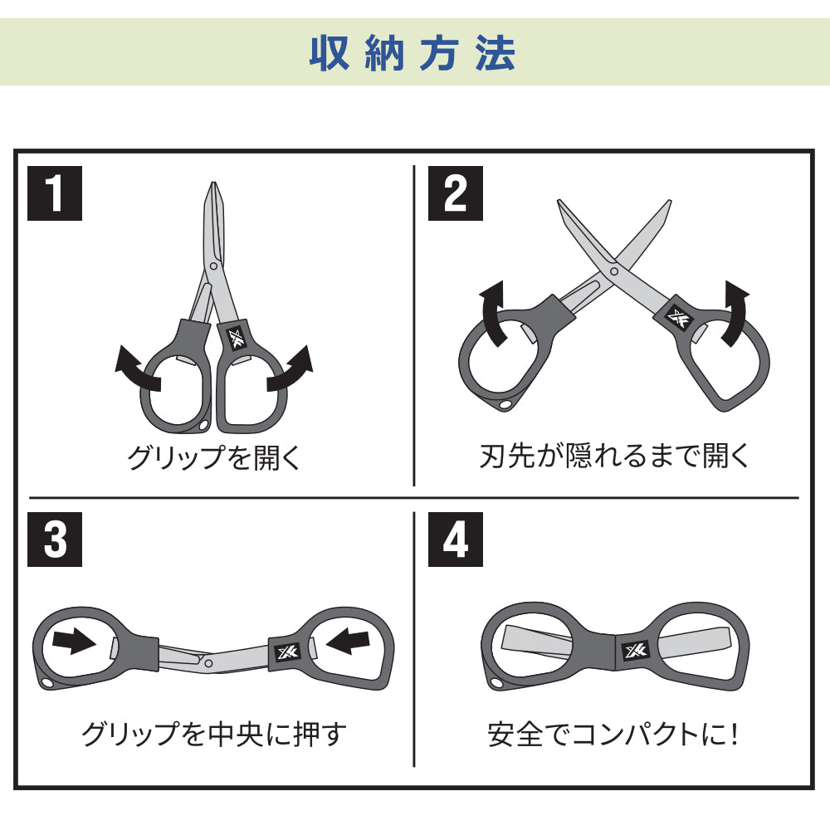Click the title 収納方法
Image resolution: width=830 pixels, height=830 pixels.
pyautogui.click(x=413, y=53)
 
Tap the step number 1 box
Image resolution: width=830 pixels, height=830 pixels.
pyautogui.click(x=55, y=193)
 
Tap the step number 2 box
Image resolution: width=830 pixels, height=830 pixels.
pyautogui.click(x=455, y=193)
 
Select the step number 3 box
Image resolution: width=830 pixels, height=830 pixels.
pyautogui.click(x=55, y=539)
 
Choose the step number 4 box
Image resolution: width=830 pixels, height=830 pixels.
pyautogui.click(x=455, y=539)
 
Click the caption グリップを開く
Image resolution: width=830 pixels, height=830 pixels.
pyautogui.click(x=214, y=457)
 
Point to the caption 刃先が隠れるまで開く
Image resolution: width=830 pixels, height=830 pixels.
pyautogui.click(x=614, y=456)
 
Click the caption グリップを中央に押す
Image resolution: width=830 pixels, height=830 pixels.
pyautogui.click(x=214, y=735)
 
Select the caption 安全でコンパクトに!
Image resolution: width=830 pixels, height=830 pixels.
pyautogui.click(x=613, y=735)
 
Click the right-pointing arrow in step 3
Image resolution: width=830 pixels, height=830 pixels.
pyautogui.click(x=74, y=641)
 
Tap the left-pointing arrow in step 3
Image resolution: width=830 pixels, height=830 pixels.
pyautogui.click(x=348, y=641)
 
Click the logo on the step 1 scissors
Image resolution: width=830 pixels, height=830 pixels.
pyautogui.click(x=236, y=339)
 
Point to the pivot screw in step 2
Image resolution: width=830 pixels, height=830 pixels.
pyautogui.click(x=614, y=271)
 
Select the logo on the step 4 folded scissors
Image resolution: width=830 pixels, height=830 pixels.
pyautogui.click(x=636, y=651)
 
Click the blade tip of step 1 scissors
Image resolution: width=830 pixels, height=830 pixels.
pyautogui.click(x=213, y=183)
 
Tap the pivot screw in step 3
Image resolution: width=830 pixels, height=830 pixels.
pyautogui.click(x=208, y=663)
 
